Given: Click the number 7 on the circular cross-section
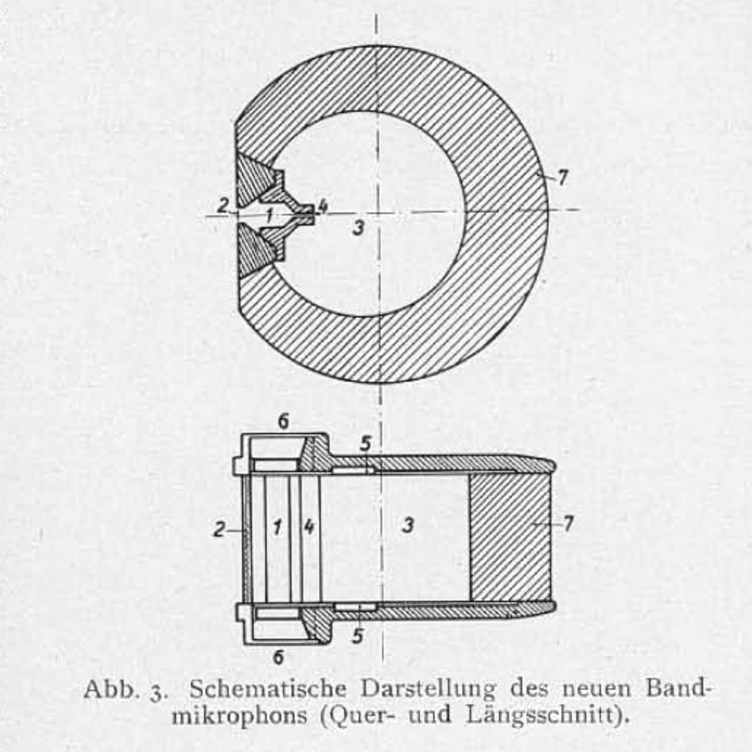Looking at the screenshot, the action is [562, 178].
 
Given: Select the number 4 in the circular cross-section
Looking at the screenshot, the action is [322, 206].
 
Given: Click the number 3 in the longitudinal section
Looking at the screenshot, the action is [407, 525].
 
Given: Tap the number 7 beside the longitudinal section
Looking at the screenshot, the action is [568, 523].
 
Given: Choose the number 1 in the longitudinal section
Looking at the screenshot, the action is [277, 527].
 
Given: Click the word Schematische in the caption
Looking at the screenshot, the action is [268, 689].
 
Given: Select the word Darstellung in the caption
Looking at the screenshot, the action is [428, 689].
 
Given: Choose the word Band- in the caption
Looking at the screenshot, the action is [679, 689].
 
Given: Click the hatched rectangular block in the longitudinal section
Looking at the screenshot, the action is [510, 537].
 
